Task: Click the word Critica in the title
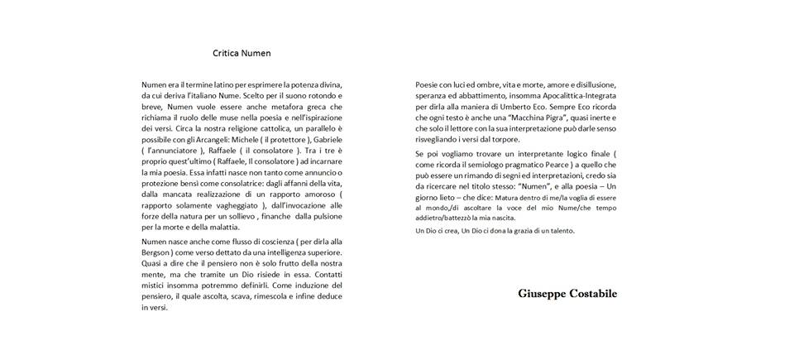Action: [x=226, y=53]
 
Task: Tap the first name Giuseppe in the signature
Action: [x=545, y=294]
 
